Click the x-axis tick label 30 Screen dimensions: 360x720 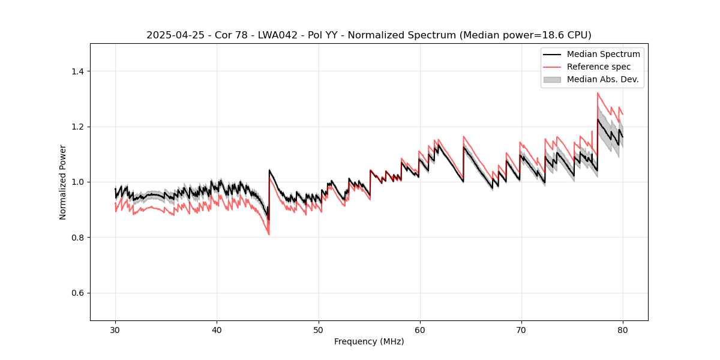(115, 330)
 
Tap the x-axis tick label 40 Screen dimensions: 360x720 (217, 330)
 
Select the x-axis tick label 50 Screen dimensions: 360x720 (318, 330)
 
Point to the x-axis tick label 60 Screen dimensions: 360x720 (419, 330)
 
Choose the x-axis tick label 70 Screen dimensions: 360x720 (521, 330)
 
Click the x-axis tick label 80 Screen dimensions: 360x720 (622, 330)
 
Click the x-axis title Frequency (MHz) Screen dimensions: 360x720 (369, 342)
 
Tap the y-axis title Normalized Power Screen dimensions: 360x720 (63, 182)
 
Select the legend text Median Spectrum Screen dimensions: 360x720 (603, 54)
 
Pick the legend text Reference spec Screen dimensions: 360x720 (599, 67)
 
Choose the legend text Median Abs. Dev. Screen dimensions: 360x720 (602, 79)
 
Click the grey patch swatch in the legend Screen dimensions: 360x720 (552, 79)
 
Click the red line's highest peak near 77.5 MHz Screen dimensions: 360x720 (598, 93)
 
